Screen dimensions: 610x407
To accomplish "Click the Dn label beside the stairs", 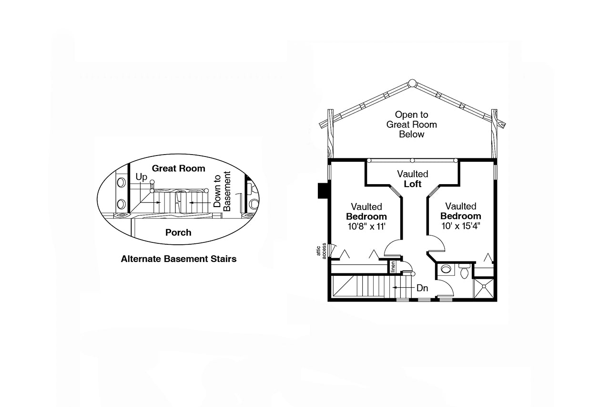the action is point(422,288).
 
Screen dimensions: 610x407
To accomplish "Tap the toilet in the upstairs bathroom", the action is point(464,271).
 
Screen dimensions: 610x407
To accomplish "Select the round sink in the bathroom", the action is point(446,269).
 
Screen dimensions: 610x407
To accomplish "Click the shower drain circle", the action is point(484,286).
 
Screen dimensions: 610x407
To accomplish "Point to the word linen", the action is point(393,267).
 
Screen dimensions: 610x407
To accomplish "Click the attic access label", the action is point(321,251).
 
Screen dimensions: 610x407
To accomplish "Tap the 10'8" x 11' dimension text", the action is point(366,227).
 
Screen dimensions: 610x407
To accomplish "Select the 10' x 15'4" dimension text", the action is point(461,226).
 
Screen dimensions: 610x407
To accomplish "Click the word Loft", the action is point(413,184).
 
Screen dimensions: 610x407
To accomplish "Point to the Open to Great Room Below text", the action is point(411,125).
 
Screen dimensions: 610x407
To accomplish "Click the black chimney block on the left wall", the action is point(323,191).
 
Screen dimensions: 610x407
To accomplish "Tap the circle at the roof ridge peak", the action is point(412,83).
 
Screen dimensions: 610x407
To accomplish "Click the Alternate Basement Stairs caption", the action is point(179,259).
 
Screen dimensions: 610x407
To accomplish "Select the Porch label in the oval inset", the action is point(178,232).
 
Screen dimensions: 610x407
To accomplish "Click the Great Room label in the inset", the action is point(178,168).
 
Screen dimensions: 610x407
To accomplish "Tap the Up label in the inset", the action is point(142,177).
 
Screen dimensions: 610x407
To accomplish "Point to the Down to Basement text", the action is point(222,191).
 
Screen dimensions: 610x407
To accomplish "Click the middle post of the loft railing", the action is point(412,161).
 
